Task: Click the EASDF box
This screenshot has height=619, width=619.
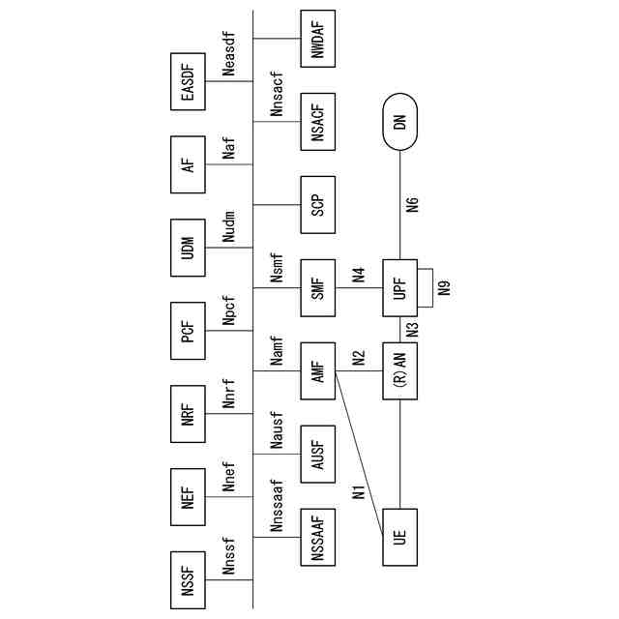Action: click(x=189, y=82)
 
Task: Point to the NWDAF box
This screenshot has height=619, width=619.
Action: click(x=317, y=40)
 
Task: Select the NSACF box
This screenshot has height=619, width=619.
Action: click(x=317, y=122)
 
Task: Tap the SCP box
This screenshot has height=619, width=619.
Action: click(x=317, y=204)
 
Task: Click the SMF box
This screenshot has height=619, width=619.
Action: click(x=317, y=287)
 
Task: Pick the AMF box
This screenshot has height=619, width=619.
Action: click(x=317, y=368)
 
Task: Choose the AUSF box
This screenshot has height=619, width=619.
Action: click(x=317, y=452)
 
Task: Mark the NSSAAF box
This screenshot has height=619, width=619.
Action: click(x=317, y=535)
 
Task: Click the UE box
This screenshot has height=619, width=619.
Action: click(x=400, y=535)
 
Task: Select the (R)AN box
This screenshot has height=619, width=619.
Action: click(x=400, y=368)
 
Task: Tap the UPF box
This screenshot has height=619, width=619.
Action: click(x=400, y=287)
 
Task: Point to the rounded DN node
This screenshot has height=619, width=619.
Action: click(x=400, y=122)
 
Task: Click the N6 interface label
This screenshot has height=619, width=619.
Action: click(x=414, y=204)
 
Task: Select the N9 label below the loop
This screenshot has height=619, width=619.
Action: click(x=444, y=287)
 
